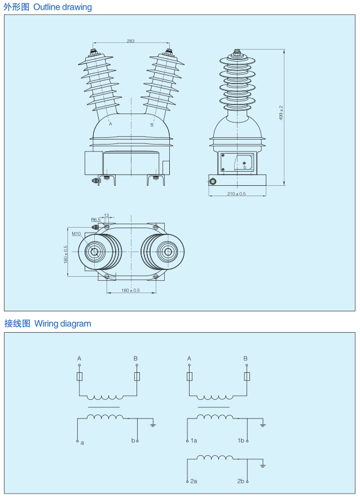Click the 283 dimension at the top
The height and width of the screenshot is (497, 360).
[130, 41]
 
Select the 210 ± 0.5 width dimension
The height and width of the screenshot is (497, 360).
[236, 194]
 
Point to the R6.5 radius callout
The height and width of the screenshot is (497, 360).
[95, 220]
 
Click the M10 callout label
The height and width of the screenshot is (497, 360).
[76, 233]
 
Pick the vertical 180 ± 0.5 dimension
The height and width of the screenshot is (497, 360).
[65, 254]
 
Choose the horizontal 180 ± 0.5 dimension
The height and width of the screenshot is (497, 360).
[130, 290]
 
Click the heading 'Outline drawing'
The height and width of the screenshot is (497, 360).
[63, 7]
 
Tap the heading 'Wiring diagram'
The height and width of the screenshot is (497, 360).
[63, 324]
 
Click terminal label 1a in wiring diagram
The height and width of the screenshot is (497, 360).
[194, 440]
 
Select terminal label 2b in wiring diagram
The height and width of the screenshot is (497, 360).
[240, 481]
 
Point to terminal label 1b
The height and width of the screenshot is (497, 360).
[240, 440]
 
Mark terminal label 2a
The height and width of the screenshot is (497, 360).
[194, 481]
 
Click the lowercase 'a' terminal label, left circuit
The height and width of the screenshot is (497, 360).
[82, 442]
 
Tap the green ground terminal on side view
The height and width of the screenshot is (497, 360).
[213, 181]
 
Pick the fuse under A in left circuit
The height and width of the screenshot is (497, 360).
[80, 377]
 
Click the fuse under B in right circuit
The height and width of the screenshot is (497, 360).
[246, 377]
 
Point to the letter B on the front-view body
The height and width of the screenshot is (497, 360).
[152, 125]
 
